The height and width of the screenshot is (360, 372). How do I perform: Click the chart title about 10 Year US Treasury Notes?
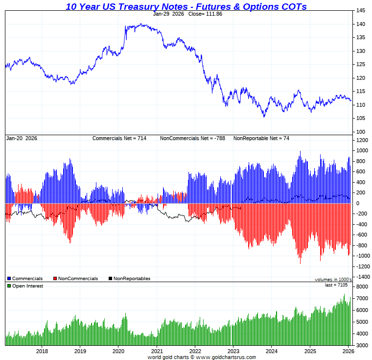pyautogui.click(x=186, y=6)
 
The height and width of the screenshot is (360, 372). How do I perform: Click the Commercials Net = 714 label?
pyautogui.click(x=119, y=139)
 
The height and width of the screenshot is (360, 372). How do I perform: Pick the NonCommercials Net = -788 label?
pyautogui.click(x=192, y=139)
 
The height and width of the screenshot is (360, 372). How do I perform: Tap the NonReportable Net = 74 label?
pyautogui.click(x=261, y=139)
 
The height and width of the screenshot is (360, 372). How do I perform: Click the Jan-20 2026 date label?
pyautogui.click(x=22, y=139)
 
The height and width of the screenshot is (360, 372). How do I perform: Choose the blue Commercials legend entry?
pyautogui.click(x=25, y=279)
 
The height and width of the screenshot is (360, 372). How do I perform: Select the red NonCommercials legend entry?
pyautogui.click(x=75, y=279)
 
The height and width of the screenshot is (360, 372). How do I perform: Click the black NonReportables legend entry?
pyautogui.click(x=129, y=279)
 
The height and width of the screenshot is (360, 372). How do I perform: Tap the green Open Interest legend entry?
pyautogui.click(x=25, y=286)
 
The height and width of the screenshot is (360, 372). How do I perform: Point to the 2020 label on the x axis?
pyautogui.click(x=118, y=351)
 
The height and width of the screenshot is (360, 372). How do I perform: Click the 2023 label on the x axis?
pyautogui.click(x=233, y=351)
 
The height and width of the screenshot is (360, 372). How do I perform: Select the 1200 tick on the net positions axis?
pyautogui.click(x=362, y=140)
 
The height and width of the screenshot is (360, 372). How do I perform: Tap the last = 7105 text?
pyautogui.click(x=336, y=285)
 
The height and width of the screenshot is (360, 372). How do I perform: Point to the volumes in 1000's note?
pyautogui.click(x=333, y=279)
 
